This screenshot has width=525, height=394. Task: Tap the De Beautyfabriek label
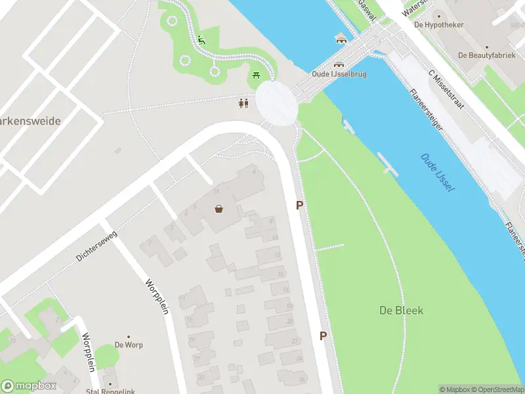coord(487,56)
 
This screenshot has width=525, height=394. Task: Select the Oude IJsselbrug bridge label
coord(339,74)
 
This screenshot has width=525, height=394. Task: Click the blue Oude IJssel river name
coord(438,173)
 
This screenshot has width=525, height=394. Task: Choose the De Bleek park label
coord(401,310)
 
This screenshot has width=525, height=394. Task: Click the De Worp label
coord(129,345)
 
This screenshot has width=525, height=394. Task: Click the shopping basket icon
coord(219,209)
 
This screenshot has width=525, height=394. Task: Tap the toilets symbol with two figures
coord(243,103)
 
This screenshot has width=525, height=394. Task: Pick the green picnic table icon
coord(255,77)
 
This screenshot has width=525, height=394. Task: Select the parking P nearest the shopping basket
coord(300,205)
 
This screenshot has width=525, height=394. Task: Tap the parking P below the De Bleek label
coord(323,336)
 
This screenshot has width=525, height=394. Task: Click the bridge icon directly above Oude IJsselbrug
coord(339,64)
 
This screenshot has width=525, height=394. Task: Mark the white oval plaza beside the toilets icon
coord(275,102)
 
